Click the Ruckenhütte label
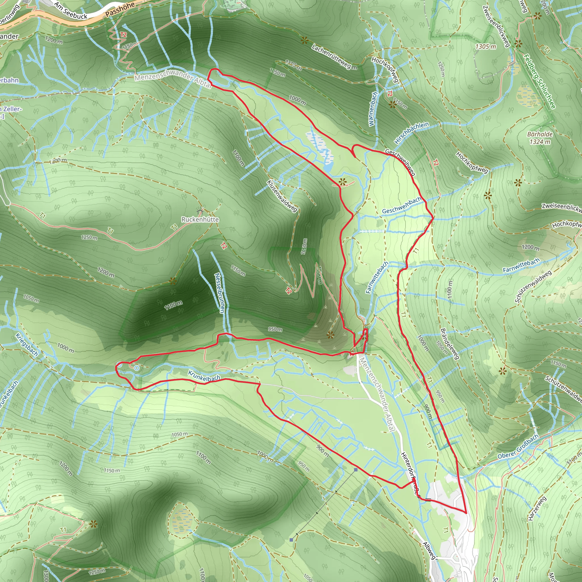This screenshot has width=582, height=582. [x=200, y=219]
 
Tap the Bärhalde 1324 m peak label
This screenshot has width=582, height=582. [x=540, y=138]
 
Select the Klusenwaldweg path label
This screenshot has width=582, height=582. [x=282, y=196]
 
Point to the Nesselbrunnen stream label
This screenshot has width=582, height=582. [x=220, y=293]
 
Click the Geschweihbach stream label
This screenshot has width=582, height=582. [x=402, y=205]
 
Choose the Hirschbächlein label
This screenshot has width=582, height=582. [x=411, y=132]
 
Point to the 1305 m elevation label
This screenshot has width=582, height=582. [x=486, y=47]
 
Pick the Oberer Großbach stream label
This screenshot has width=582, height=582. [x=518, y=446]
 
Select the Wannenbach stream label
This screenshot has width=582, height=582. [x=373, y=109]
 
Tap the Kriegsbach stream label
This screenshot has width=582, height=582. [x=27, y=345]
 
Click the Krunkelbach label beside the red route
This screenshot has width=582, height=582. [x=204, y=376]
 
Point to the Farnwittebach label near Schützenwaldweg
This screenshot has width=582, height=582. [x=521, y=265]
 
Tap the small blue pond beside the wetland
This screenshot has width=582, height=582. [x=329, y=166]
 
